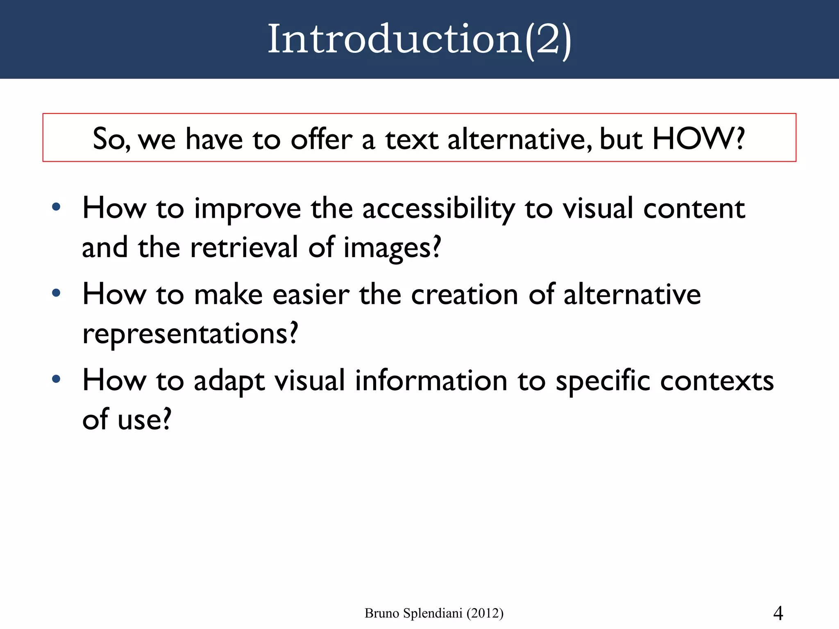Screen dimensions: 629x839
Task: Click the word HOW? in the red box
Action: tap(698, 139)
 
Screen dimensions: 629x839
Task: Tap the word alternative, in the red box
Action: tap(519, 139)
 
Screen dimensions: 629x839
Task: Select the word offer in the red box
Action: tap(321, 139)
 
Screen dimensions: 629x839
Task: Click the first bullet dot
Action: tap(56, 207)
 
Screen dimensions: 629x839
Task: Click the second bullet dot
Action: tap(56, 293)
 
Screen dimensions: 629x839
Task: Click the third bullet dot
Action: tap(56, 379)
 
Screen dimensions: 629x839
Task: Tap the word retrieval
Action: tap(244, 248)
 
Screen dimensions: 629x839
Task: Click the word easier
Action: tap(311, 295)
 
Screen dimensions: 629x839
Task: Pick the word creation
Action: tap(464, 295)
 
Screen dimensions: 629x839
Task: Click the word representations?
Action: tap(190, 334)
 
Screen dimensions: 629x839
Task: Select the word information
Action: tap(431, 381)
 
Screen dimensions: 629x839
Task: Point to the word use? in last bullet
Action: tap(144, 420)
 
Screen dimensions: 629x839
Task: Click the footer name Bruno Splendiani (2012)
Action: tap(434, 613)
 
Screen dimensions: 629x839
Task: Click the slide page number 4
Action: tap(778, 613)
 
